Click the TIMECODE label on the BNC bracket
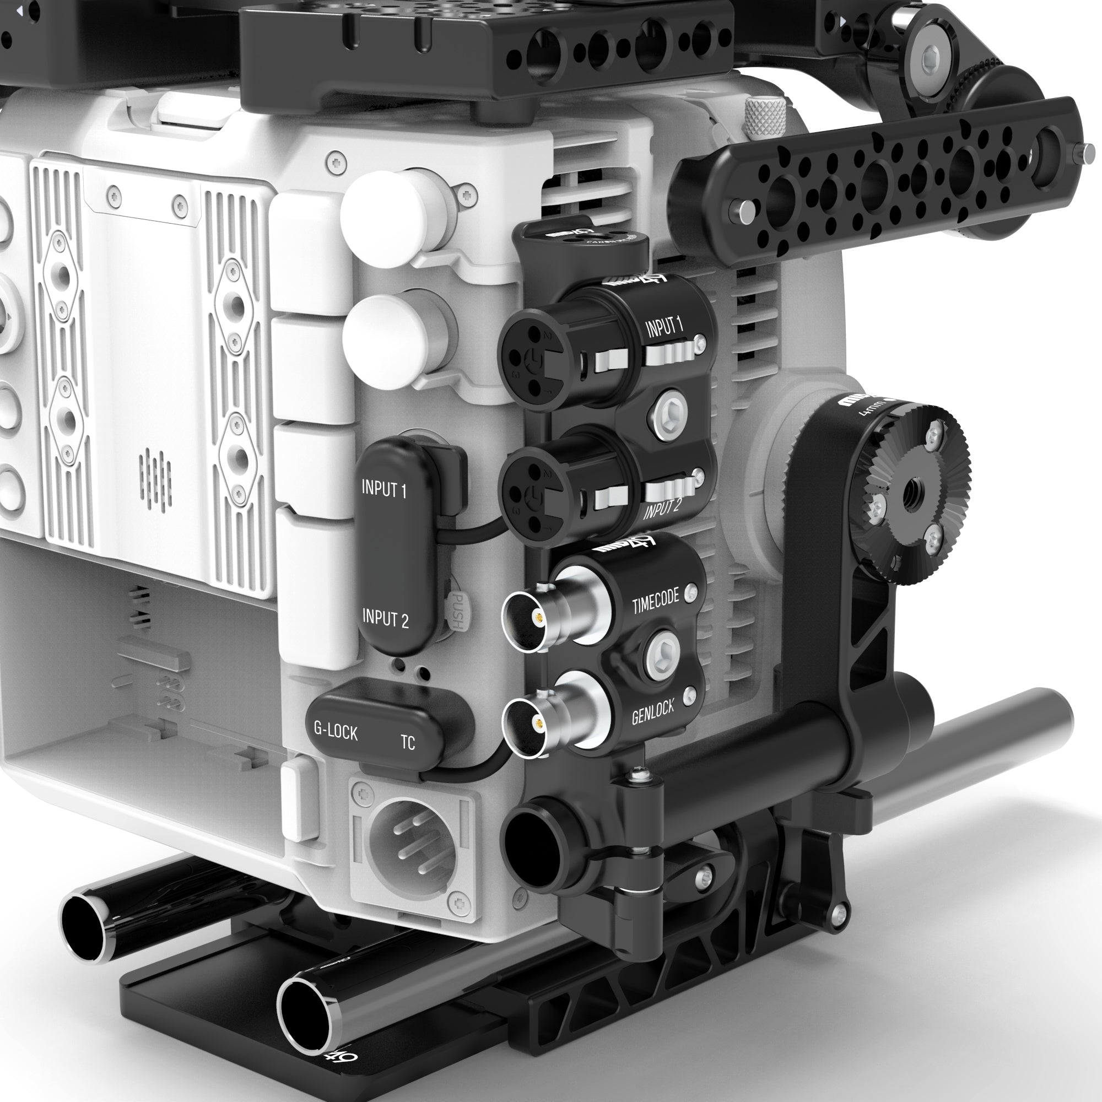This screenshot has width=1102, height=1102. pos(655,602)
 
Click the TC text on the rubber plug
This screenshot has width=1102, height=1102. pos(407,743)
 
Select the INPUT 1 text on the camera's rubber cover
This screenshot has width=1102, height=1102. pos(384,489)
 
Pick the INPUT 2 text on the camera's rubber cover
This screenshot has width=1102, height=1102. pos(386,618)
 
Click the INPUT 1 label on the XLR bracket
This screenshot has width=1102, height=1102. pos(664,327)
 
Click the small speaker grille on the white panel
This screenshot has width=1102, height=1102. pos(155,479)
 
